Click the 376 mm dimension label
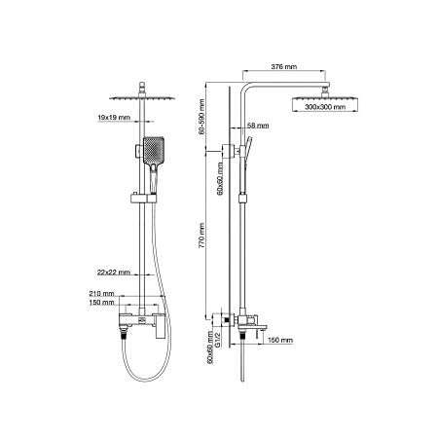[283, 66]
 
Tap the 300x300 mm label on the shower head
[325, 107]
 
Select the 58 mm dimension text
[258, 126]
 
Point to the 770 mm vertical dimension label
[201, 236]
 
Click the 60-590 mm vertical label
[201, 117]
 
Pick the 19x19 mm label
[114, 117]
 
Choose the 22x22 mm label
[114, 272]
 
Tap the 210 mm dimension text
[101, 293]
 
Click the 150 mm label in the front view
[101, 302]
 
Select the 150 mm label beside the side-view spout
[280, 340]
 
